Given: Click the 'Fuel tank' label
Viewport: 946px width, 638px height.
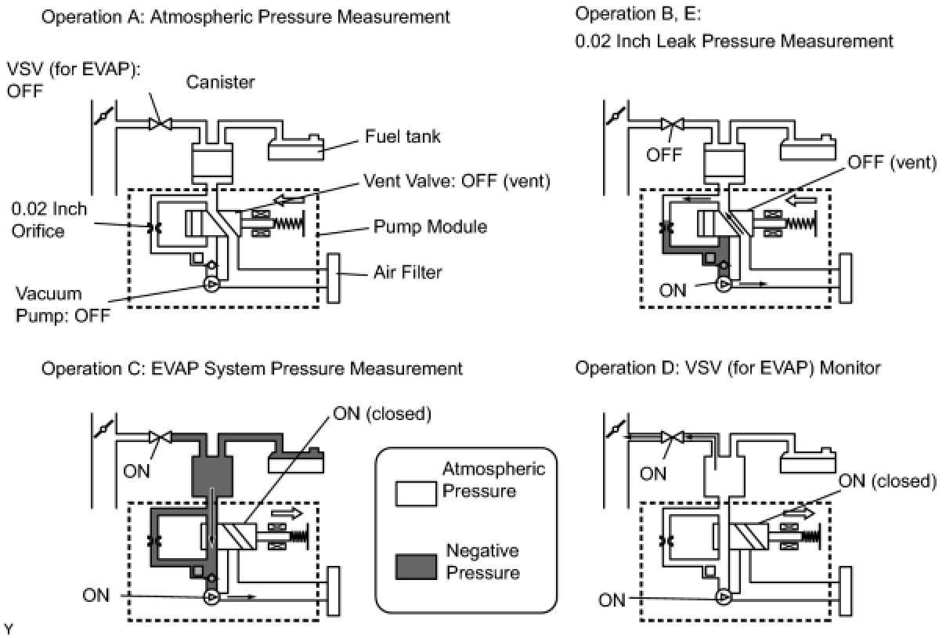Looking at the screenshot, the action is point(403,136).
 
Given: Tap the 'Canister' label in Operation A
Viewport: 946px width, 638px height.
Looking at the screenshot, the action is point(220,82).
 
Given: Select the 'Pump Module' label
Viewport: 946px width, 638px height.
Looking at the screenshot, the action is point(430,227).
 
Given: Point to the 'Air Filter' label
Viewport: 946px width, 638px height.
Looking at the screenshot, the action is point(407,272).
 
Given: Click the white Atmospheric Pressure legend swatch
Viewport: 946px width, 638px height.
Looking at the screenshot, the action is point(416,494).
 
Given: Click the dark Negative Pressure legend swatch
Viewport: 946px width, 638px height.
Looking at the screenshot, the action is point(416,567).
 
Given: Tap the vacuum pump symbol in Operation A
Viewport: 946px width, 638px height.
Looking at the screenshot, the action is point(211,285).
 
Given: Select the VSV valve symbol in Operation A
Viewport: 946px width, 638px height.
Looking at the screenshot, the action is point(161,124).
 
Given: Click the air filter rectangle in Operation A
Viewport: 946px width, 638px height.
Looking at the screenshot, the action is point(334,278).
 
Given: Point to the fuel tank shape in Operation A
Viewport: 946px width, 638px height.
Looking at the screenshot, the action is point(296,147).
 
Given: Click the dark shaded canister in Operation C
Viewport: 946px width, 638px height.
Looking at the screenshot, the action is point(212,476).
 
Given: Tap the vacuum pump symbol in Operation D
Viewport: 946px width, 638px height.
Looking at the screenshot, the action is point(724,597).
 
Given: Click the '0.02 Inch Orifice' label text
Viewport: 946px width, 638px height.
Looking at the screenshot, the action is point(49,220).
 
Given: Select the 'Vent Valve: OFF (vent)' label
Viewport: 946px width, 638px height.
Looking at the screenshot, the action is point(457,181).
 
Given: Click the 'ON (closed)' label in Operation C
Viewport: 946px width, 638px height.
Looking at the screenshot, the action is point(382,414).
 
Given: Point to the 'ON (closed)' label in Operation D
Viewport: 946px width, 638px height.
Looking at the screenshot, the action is point(887,480).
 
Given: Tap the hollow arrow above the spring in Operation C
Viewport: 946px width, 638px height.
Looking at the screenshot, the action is point(287,513).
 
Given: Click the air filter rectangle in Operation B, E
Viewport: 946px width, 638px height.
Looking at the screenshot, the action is point(846,278).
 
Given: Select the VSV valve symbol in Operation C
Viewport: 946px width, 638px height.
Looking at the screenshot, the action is point(161,437).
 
